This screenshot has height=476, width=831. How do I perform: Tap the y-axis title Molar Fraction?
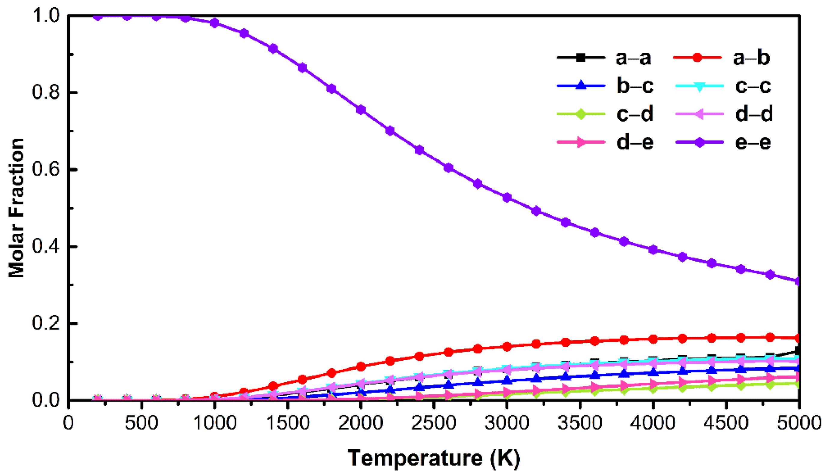pyautogui.click(x=16, y=208)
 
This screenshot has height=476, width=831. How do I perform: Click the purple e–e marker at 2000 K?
pyautogui.click(x=361, y=110)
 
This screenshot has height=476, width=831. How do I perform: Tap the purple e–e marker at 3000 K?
pyautogui.click(x=507, y=197)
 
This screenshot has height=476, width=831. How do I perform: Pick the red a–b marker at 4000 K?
pyautogui.click(x=653, y=339)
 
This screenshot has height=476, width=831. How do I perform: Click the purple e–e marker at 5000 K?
pyautogui.click(x=798, y=281)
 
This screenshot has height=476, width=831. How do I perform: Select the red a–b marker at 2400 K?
pyautogui.click(x=419, y=356)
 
